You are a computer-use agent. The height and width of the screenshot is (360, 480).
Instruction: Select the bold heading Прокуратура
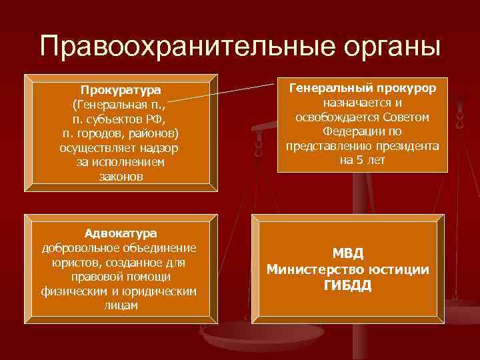click(121, 90)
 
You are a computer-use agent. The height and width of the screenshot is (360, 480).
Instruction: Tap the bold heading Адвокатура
click(120, 233)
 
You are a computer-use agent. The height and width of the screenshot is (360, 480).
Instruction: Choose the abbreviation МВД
click(347, 253)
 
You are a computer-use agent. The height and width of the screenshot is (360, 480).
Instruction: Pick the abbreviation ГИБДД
click(347, 285)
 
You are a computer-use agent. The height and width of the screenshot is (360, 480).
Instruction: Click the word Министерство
click(310, 269)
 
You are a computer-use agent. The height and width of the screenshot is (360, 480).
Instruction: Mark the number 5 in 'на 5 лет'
click(361, 161)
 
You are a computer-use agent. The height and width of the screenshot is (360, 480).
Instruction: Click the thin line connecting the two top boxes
click(227, 91)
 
